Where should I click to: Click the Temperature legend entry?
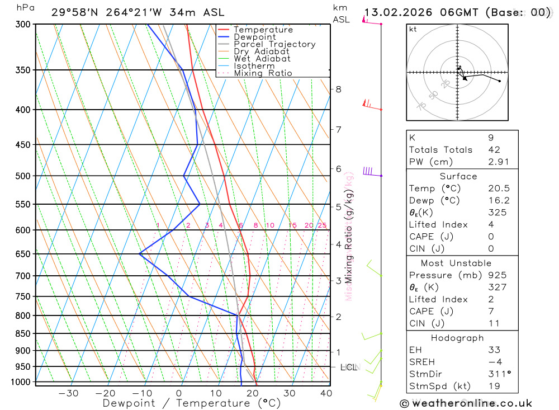tap(263, 30)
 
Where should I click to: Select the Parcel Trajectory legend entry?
tap(274, 44)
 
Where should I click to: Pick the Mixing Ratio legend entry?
tap(263, 73)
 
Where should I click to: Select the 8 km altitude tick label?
tap(338, 89)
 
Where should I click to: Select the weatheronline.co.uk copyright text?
tap(466, 403)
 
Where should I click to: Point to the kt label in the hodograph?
tap(413, 29)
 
